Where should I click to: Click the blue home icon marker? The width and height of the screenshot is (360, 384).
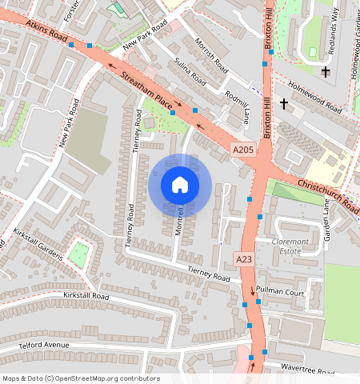click(x=180, y=186)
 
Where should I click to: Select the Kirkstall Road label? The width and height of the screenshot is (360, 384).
click(x=85, y=296)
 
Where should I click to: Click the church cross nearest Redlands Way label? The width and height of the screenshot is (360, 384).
click(x=325, y=73)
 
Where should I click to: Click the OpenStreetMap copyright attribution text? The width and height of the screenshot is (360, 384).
click(x=81, y=378)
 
